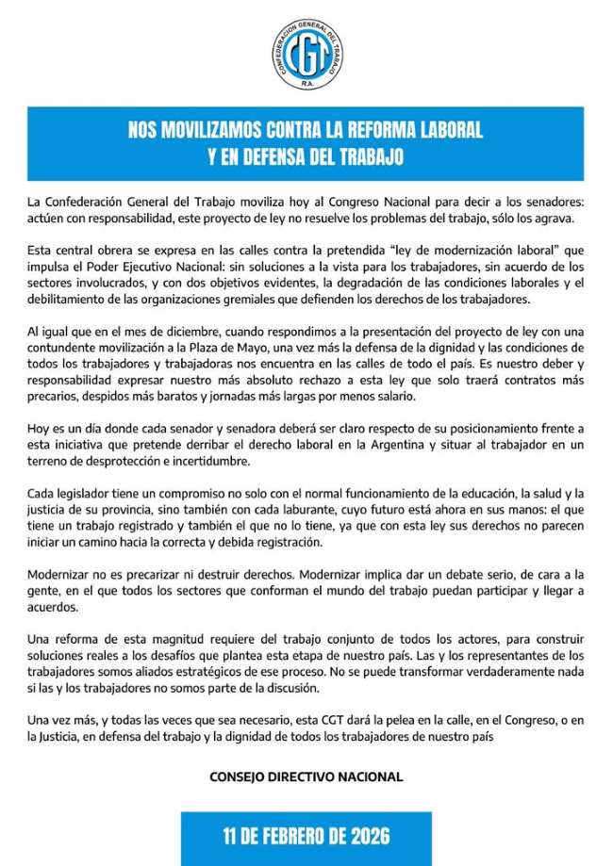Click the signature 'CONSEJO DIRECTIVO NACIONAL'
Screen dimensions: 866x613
(x=306, y=776)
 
